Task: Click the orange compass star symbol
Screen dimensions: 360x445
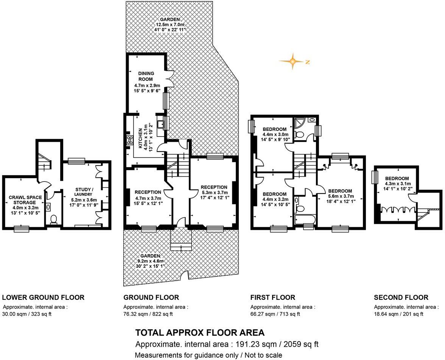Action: click(293, 61)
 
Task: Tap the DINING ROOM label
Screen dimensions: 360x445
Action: click(146, 76)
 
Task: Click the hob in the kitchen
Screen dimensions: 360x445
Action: click(130, 140)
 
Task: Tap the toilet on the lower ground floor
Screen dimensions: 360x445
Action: click(54, 220)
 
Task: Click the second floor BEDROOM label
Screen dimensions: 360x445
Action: click(397, 178)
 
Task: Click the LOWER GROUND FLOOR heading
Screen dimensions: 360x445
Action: click(43, 297)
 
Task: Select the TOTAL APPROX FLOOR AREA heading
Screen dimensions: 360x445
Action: click(200, 333)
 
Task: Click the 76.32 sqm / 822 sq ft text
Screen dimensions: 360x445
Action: click(148, 314)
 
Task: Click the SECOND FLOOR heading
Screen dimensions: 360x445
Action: click(401, 297)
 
